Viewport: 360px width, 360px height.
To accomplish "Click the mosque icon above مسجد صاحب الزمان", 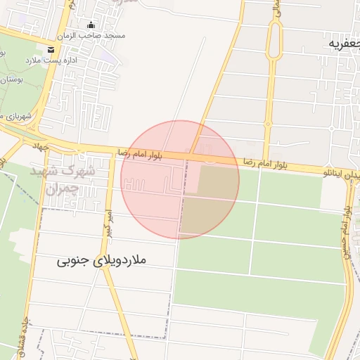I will click(91, 26).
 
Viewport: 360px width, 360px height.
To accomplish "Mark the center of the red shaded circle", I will click(180, 180).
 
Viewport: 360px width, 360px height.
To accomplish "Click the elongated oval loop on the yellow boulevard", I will click(274, 42).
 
